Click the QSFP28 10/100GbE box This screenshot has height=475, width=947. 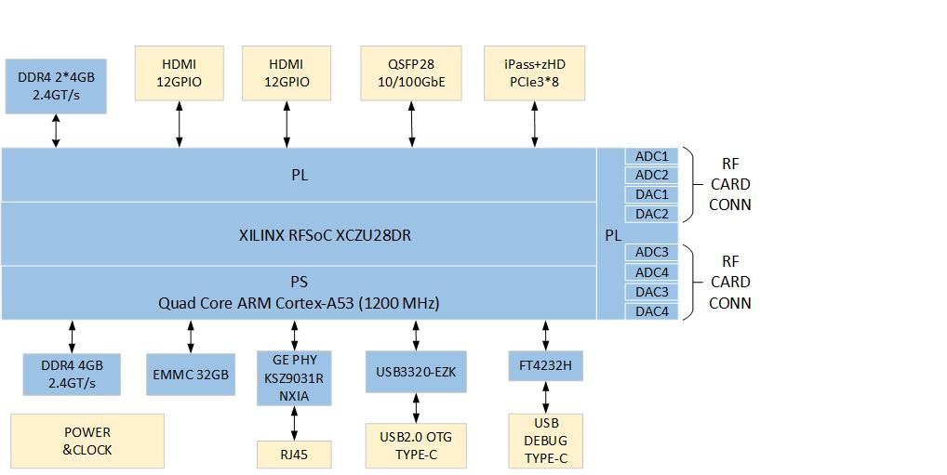click(x=411, y=73)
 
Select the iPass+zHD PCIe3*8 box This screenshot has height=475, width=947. click(x=534, y=73)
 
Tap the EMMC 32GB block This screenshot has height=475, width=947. click(x=190, y=375)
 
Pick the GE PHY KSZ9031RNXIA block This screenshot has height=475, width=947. click(x=294, y=377)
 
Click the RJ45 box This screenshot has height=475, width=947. click(x=294, y=455)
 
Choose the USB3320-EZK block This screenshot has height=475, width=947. click(x=415, y=373)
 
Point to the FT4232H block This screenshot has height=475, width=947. click(x=546, y=366)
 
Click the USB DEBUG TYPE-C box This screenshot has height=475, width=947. click(x=546, y=441)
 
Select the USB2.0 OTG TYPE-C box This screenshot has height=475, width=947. click(x=415, y=445)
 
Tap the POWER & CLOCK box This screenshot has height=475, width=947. click(x=87, y=441)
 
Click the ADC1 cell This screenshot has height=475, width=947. click(x=652, y=156)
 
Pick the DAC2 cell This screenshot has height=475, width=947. click(x=652, y=214)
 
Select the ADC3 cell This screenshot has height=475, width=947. click(x=652, y=253)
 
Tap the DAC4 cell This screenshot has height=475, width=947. click(x=652, y=311)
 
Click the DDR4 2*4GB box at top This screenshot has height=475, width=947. click(x=56, y=86)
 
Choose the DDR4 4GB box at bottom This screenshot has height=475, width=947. click(x=72, y=374)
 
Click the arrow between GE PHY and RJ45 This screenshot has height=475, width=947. click(x=294, y=423)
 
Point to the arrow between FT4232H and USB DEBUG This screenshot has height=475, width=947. click(x=546, y=398)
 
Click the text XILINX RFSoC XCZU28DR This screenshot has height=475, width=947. click(x=325, y=235)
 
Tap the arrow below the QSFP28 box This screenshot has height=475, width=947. click(x=411, y=124)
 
